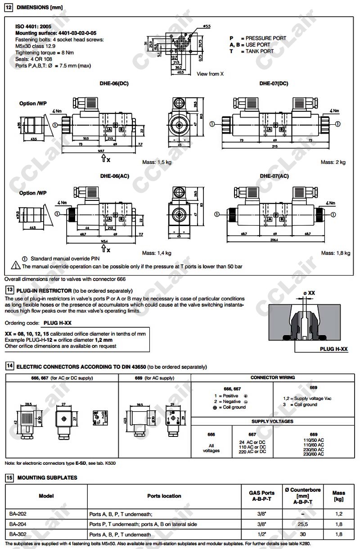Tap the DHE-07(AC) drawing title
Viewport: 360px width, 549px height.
pyautogui.click(x=274, y=176)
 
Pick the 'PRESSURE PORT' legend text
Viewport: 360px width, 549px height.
pyautogui.click(x=265, y=38)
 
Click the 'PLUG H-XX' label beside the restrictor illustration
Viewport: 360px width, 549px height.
pyautogui.click(x=334, y=349)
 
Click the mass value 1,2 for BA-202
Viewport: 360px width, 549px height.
pyautogui.click(x=338, y=514)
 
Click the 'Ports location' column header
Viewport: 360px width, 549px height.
pyautogui.click(x=164, y=496)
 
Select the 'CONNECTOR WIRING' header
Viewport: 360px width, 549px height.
pyautogui.click(x=273, y=378)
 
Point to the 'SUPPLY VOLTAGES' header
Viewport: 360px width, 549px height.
pyautogui.click(x=273, y=422)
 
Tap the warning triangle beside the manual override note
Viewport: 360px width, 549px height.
pyautogui.click(x=13, y=266)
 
